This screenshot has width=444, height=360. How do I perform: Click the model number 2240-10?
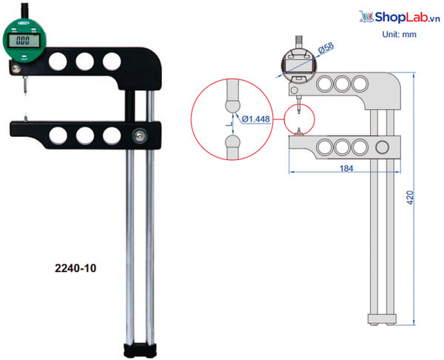77,269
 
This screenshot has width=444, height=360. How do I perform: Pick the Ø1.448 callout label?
255,118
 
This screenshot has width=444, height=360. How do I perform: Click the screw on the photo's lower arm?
139,134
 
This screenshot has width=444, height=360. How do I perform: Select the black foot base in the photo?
140,348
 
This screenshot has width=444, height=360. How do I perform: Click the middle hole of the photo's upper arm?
84,59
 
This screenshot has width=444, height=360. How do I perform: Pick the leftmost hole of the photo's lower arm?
57,134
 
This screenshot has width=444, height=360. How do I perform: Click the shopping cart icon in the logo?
365,16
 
